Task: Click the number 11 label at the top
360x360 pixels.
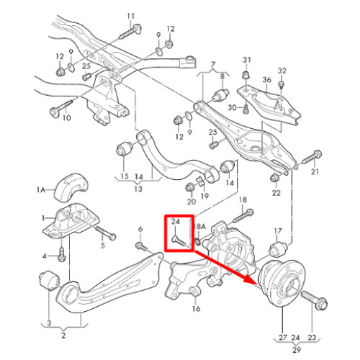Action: coord(131,17)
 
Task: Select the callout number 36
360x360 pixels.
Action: coord(266,80)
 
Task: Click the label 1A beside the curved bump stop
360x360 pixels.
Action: coord(41,190)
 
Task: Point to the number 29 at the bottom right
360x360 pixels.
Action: coord(297,350)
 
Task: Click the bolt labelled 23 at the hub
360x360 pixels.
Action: coord(314,300)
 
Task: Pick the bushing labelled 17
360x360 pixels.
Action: coord(278,249)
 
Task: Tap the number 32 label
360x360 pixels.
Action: coord(282,71)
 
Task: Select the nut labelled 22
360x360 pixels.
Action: coord(275,178)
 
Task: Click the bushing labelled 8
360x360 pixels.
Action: coord(220,95)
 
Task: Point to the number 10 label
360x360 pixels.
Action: coord(66,118)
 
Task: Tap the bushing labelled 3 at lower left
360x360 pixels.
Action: coord(49,280)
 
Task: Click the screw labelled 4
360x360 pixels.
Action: coord(62,255)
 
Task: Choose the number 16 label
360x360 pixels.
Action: coord(196,308)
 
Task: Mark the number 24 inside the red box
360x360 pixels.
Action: coord(176,221)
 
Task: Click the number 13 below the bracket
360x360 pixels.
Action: coord(138,189)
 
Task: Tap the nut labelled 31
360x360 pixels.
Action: coord(246,75)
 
